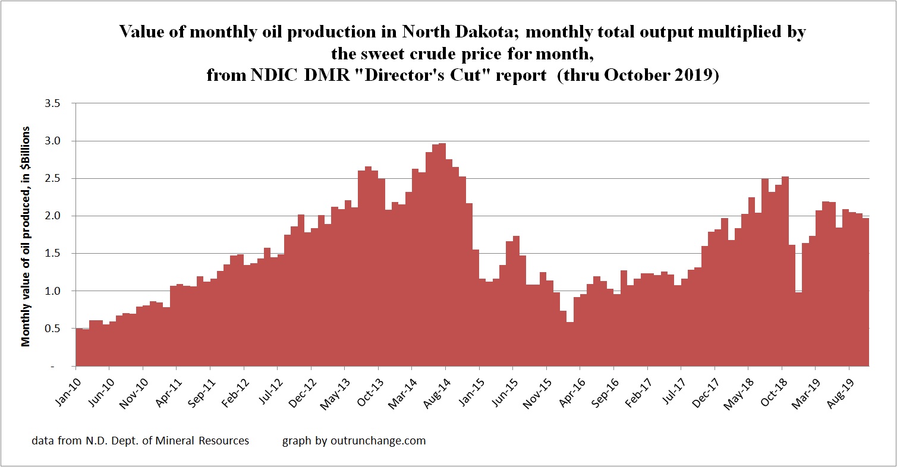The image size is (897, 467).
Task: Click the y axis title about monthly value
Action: tap(26, 236)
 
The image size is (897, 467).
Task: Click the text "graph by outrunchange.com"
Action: tap(354, 441)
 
